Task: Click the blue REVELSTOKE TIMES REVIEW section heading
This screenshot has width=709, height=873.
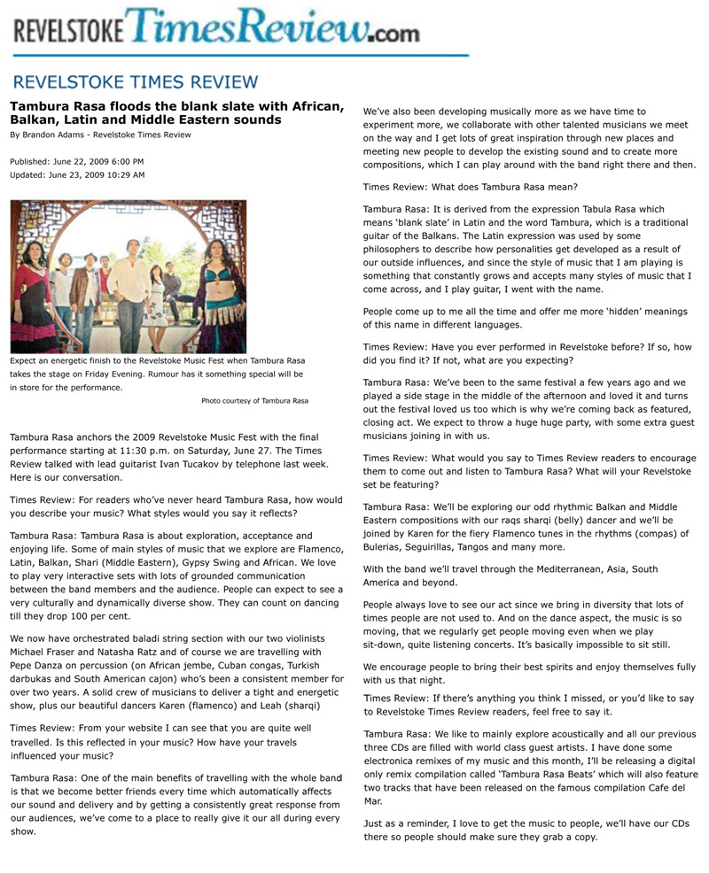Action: click(136, 82)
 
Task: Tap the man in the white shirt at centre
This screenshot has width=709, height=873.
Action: click(132, 266)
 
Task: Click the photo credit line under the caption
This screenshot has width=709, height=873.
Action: click(254, 401)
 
